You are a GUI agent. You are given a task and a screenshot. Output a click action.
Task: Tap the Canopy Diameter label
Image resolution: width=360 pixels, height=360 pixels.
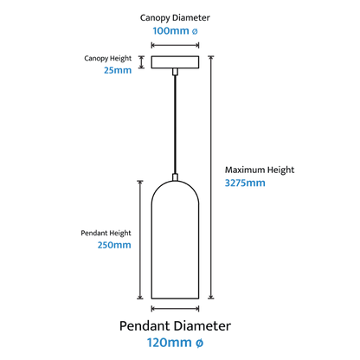175,18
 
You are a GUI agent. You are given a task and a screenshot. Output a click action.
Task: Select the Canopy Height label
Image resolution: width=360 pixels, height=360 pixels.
108,59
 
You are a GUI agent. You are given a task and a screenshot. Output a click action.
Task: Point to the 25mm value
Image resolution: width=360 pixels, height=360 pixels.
118,70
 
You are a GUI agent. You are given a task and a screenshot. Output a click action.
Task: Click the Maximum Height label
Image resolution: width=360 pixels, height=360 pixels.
260,170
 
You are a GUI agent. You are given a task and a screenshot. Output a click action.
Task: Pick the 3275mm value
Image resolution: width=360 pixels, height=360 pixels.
245,183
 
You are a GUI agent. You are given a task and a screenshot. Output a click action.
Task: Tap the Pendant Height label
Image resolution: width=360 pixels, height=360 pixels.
106,233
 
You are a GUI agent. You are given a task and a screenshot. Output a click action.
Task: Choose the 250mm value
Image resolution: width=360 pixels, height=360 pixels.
114,245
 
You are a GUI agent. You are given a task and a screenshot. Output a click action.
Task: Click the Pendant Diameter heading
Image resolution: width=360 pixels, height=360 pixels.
175,326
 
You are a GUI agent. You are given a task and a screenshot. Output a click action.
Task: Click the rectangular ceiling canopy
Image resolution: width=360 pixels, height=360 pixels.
175,62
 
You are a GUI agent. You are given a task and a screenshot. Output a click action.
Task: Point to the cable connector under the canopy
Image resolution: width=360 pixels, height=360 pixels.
175,72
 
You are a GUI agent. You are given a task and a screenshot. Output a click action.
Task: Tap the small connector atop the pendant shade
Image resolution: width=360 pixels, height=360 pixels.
175,177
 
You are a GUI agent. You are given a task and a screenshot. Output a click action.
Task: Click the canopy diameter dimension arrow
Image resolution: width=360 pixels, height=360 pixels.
175,45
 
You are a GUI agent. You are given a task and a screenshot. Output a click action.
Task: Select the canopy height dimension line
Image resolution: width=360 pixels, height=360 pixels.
141,62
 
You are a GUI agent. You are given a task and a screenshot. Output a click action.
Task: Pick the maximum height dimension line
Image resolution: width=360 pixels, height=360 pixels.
211,177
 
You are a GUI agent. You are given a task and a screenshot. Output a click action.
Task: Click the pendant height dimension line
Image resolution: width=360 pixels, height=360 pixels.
140,240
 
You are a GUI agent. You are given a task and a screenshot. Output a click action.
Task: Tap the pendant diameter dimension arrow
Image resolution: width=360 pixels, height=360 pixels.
175,309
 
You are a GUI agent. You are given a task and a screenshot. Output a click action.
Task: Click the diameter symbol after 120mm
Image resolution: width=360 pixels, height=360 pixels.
200,343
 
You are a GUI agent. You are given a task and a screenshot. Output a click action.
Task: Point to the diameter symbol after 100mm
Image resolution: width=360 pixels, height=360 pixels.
195,31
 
